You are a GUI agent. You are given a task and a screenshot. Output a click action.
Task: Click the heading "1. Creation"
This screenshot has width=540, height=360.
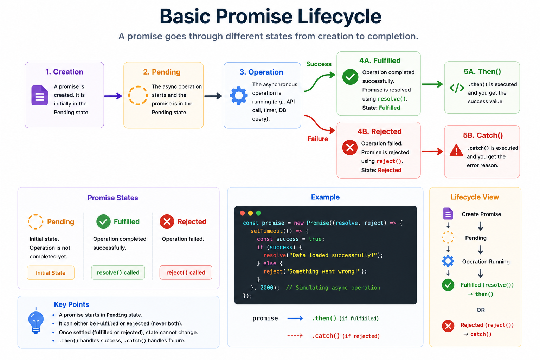[x=64, y=72]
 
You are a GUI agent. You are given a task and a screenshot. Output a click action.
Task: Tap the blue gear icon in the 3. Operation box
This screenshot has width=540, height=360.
[x=238, y=96]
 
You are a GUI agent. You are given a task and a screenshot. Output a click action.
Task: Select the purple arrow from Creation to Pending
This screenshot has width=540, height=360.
[x=113, y=96]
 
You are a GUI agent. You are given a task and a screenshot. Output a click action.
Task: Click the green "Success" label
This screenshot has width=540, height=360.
[x=319, y=64]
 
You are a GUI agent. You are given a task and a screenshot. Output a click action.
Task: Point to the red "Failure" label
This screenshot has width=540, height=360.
[x=317, y=139]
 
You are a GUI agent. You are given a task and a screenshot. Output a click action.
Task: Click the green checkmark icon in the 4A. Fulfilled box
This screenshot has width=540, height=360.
[x=350, y=77]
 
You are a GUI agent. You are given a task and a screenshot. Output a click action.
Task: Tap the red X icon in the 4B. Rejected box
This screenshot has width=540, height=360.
[x=350, y=147]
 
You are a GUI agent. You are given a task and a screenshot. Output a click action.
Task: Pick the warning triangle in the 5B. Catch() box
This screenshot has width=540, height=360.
[x=456, y=151]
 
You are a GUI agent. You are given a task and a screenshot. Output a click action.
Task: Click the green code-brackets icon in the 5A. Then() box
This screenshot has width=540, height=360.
[x=457, y=88]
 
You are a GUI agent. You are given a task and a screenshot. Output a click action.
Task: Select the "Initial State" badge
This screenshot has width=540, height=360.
[x=51, y=273]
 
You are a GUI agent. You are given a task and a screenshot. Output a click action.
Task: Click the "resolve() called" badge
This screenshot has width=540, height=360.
[x=118, y=272]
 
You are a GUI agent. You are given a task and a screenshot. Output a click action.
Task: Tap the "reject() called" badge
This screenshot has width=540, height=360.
[x=186, y=272]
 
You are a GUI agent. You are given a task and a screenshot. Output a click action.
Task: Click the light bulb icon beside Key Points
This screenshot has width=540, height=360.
[x=36, y=321]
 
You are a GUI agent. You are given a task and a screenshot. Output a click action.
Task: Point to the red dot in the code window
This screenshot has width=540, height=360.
[x=243, y=213]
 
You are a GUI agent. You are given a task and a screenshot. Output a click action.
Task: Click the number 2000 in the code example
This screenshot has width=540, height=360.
[x=266, y=288]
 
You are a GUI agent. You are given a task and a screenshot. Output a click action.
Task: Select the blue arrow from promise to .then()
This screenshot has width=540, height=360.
[x=295, y=318]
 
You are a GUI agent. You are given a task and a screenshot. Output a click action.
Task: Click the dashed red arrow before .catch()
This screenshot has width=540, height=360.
[x=295, y=335]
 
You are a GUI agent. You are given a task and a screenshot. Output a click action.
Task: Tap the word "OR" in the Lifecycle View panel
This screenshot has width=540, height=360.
[x=481, y=310]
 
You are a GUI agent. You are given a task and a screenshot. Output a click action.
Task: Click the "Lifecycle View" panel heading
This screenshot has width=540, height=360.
[x=475, y=197]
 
